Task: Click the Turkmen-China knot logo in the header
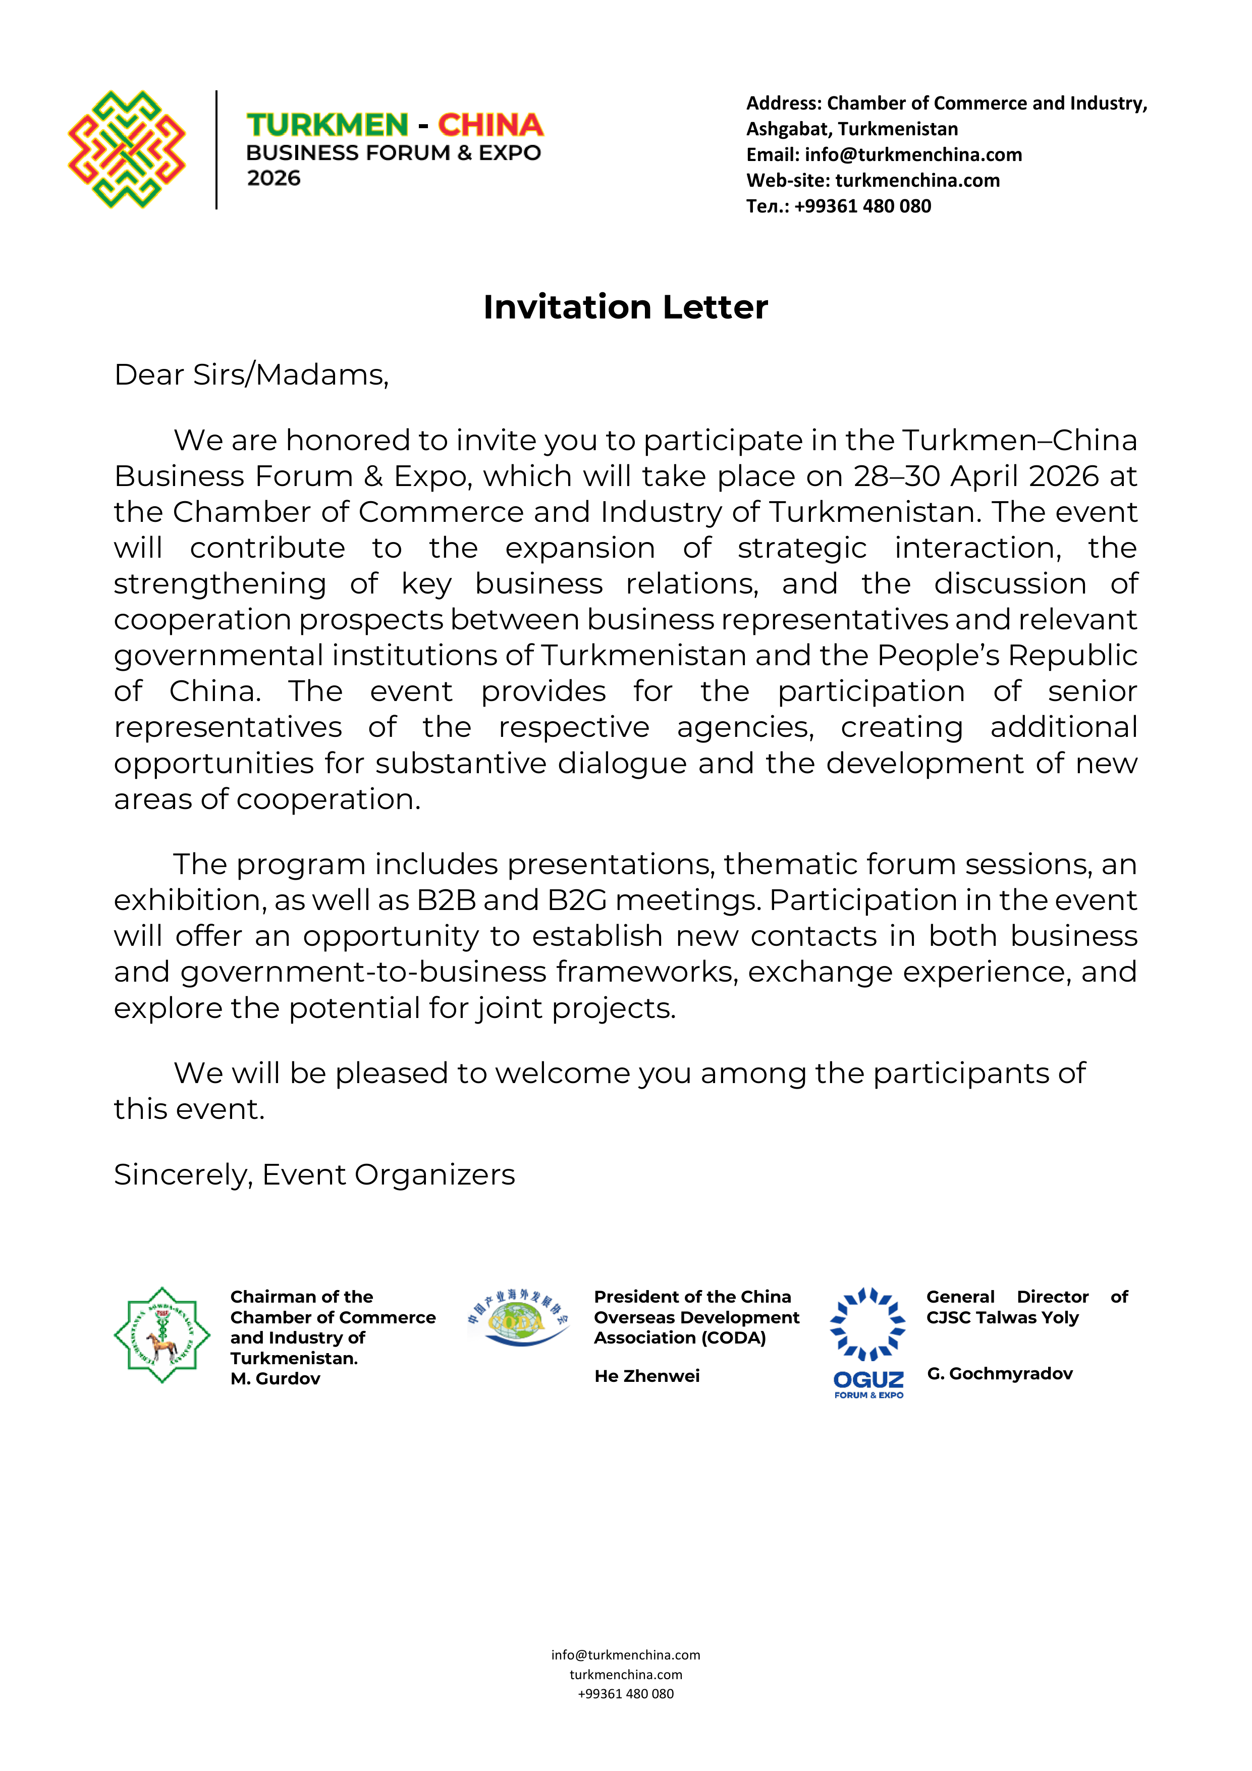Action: pyautogui.click(x=127, y=149)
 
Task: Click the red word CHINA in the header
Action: pyautogui.click(x=491, y=125)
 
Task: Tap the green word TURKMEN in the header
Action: pyautogui.click(x=327, y=125)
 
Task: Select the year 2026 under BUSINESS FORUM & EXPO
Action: pyautogui.click(x=274, y=178)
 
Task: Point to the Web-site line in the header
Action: pyautogui.click(x=873, y=181)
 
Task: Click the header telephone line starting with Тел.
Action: pyautogui.click(x=839, y=206)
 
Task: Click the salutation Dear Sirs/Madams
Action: pyautogui.click(x=251, y=375)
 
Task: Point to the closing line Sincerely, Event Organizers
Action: pyautogui.click(x=314, y=1175)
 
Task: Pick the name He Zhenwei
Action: pyautogui.click(x=646, y=1376)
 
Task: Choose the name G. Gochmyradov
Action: pyautogui.click(x=1000, y=1374)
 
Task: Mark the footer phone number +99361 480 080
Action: pyautogui.click(x=626, y=1694)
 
